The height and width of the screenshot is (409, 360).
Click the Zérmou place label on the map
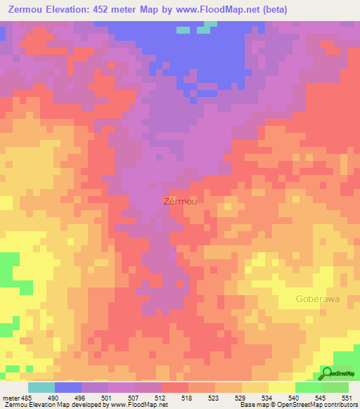(180, 200)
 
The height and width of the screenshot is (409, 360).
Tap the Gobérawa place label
(317, 299)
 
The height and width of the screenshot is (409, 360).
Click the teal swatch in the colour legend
(41, 388)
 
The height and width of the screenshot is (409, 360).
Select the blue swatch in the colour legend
(68, 388)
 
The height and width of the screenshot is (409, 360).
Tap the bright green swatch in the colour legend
(309, 388)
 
